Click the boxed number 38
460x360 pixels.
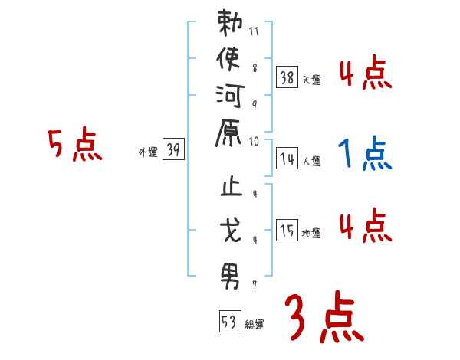tap(287, 77)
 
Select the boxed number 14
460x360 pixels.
tap(287, 159)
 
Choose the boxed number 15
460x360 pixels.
tap(287, 230)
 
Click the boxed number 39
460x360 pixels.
tap(173, 150)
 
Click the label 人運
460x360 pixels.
tap(310, 162)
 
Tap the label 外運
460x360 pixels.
tap(147, 152)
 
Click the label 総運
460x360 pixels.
tap(254, 325)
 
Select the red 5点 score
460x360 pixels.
tap(75, 146)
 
